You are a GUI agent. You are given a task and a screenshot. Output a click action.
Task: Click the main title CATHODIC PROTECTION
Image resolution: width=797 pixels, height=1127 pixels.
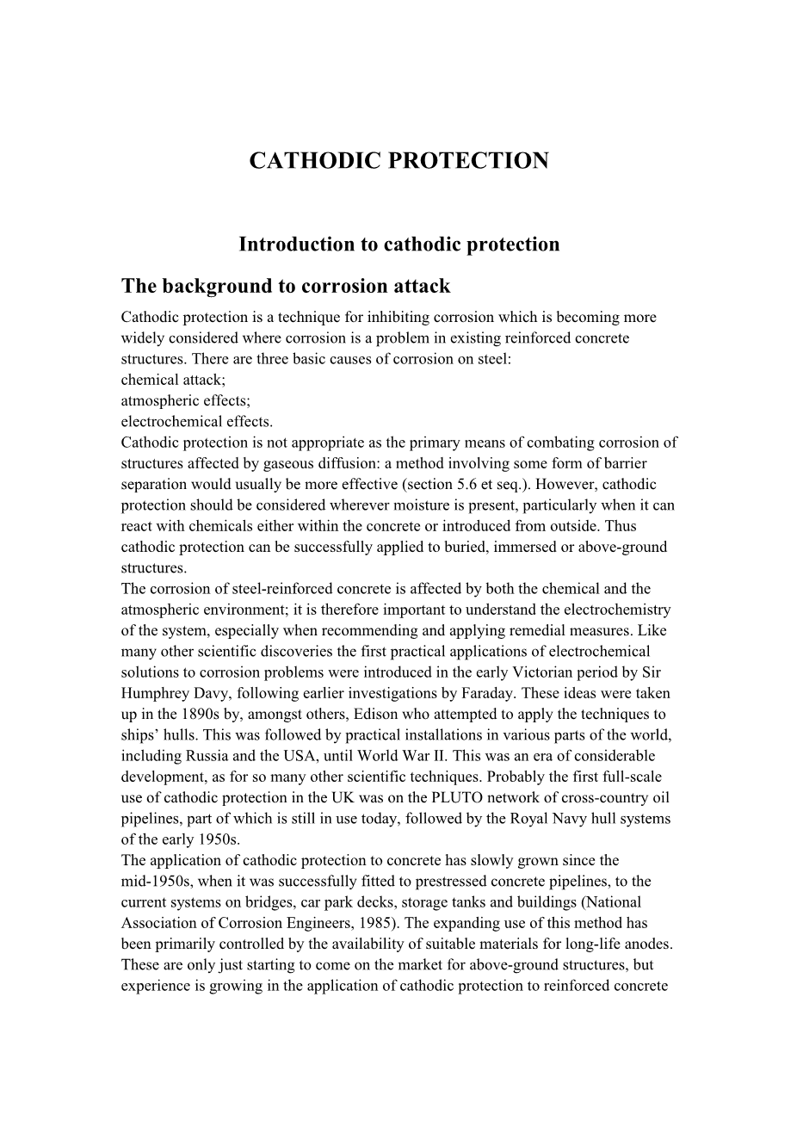398,161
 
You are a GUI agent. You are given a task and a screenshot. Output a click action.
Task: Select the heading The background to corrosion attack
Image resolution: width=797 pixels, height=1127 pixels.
286,286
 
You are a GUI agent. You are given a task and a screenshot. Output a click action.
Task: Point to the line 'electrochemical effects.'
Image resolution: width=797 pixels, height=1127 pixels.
197,421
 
